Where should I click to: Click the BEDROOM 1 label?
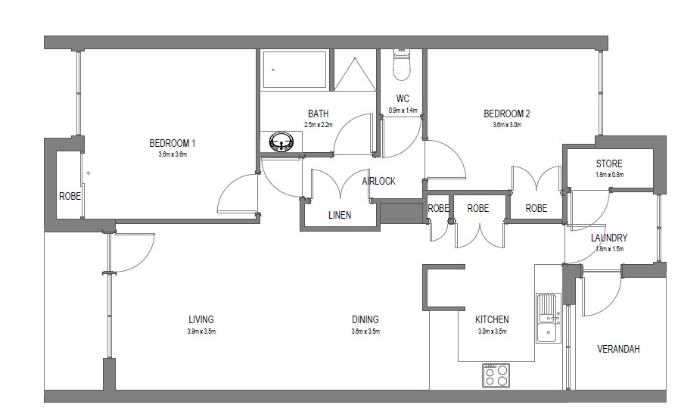pyautogui.click(x=172, y=143)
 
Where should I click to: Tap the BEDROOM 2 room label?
pyautogui.click(x=506, y=114)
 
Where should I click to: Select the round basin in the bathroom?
pyautogui.click(x=281, y=142)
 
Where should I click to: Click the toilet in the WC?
pyautogui.click(x=401, y=64)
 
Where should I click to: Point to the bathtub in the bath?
pyautogui.click(x=294, y=70)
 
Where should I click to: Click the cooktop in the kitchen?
pyautogui.click(x=496, y=375)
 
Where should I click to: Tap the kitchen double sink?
pyautogui.click(x=549, y=318)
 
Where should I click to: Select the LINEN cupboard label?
pyautogui.click(x=340, y=215)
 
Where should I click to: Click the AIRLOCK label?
pyautogui.click(x=379, y=181)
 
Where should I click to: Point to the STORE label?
pyautogui.click(x=609, y=163)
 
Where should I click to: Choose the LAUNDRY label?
pyautogui.click(x=609, y=238)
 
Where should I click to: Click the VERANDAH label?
pyautogui.click(x=618, y=349)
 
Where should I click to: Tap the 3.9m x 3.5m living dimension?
pyautogui.click(x=201, y=331)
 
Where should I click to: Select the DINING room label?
pyautogui.click(x=365, y=319)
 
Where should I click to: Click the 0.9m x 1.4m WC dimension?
pyautogui.click(x=403, y=110)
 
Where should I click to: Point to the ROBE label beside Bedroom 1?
pyautogui.click(x=70, y=196)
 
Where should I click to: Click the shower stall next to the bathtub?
pyautogui.click(x=355, y=70)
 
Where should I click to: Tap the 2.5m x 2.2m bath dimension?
pyautogui.click(x=319, y=125)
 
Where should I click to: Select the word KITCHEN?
pyautogui.click(x=492, y=319)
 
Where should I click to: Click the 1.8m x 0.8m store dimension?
pyautogui.click(x=609, y=175)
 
